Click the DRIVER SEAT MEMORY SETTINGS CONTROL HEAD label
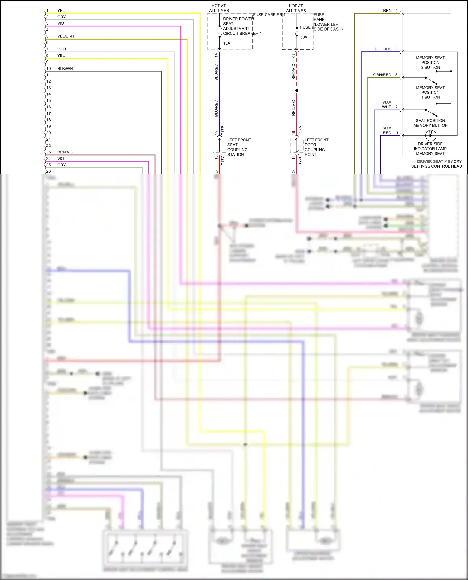tap(436, 164)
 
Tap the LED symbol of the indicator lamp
tap(431, 136)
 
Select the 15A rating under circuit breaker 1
tap(227, 43)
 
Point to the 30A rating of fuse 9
tap(304, 37)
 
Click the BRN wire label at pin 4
tap(387, 11)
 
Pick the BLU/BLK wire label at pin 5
tap(383, 49)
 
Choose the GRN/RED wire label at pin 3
tap(382, 75)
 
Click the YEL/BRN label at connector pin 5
tap(66, 36)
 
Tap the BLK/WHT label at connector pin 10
tap(66, 69)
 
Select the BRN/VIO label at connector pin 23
tap(65, 152)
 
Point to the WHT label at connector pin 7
tap(62, 49)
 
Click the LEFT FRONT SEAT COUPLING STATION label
tap(239, 147)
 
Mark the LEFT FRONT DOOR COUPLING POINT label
tap(316, 147)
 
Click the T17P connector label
tap(223, 130)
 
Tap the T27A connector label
tap(300, 130)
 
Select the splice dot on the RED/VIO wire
tap(297, 91)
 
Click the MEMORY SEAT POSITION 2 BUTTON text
tap(430, 62)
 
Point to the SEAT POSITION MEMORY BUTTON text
tap(430, 123)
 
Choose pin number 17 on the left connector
tap(49, 113)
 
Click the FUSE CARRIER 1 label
tap(269, 15)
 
